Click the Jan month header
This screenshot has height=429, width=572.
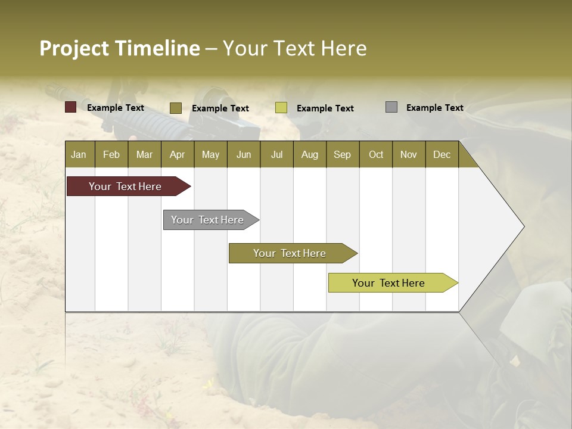(79, 154)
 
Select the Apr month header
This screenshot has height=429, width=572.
(178, 154)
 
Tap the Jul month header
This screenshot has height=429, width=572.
(276, 154)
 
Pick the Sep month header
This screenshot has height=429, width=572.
(343, 154)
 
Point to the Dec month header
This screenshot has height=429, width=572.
(442, 154)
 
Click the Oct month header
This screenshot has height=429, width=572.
(376, 154)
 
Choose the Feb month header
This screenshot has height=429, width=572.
(111, 154)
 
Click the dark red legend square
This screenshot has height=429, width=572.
(71, 107)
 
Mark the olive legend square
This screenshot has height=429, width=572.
(176, 108)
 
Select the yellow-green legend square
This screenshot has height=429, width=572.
(281, 108)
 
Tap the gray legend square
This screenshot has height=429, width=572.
(391, 107)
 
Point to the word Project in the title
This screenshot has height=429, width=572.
(74, 48)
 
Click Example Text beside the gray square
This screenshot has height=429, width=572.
(434, 108)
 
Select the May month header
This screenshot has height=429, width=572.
(210, 154)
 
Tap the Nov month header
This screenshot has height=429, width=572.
(409, 154)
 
